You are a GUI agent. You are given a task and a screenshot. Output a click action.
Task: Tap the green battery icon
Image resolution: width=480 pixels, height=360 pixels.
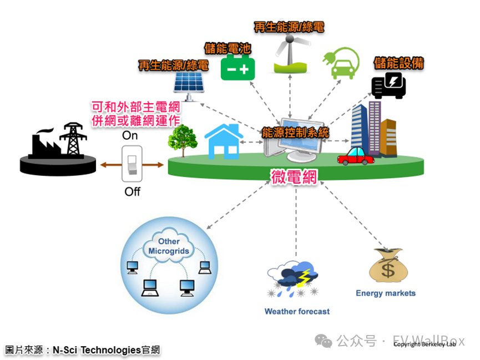click(238, 68)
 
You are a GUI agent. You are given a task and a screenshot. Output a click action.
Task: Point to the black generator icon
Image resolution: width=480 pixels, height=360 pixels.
click(388, 85)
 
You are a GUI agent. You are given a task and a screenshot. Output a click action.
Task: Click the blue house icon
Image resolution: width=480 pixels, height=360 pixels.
click(224, 141)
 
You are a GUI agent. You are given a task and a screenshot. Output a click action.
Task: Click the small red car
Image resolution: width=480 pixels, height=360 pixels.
click(356, 156)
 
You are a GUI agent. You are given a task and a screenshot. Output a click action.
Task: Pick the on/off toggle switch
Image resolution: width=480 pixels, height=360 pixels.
click(132, 164)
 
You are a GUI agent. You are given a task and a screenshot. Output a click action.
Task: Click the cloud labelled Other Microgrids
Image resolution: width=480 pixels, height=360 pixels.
click(169, 246)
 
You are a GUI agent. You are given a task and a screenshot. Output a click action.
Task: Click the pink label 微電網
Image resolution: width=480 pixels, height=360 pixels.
click(294, 177)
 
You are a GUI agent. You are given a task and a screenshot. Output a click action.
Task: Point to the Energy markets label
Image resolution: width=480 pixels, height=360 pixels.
click(386, 293)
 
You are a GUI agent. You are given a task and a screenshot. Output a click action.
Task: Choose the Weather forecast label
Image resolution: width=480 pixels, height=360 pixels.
click(297, 311)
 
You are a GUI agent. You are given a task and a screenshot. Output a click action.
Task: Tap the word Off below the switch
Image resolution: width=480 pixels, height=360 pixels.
click(132, 192)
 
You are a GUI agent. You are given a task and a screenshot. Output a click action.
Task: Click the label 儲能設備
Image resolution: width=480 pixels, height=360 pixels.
click(398, 63)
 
